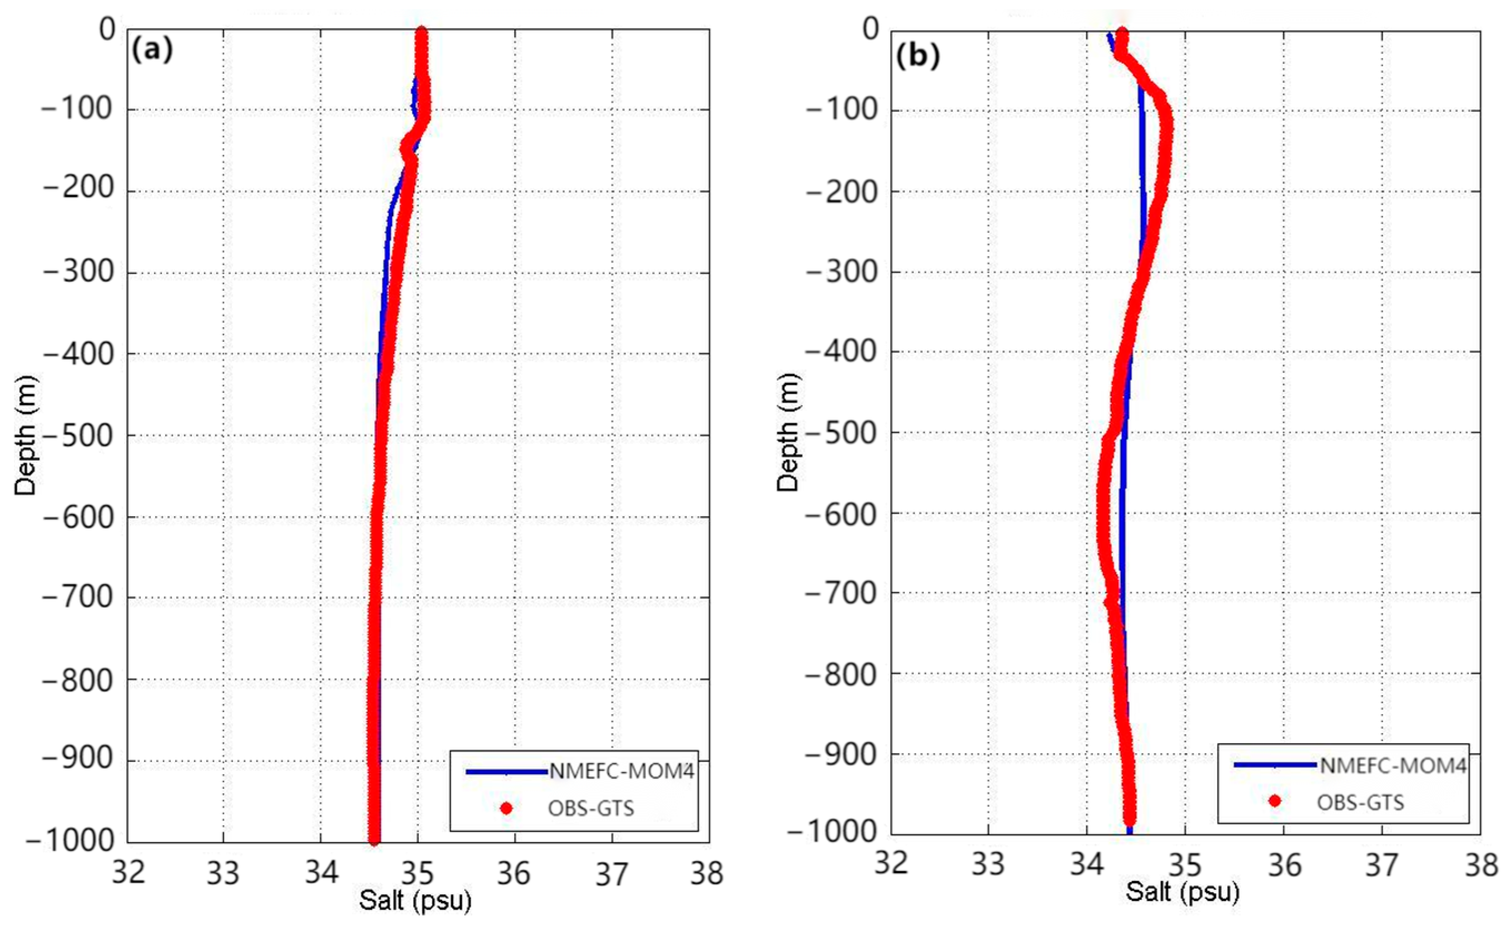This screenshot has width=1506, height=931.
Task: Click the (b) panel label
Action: click(917, 57)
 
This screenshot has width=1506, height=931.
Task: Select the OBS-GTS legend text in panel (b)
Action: click(1360, 802)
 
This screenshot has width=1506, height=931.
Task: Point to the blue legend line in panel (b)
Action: click(1276, 765)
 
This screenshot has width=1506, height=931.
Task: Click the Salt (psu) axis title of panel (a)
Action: click(416, 900)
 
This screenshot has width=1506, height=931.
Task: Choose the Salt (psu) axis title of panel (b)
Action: click(1182, 892)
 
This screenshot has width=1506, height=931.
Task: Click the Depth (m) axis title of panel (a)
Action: click(26, 435)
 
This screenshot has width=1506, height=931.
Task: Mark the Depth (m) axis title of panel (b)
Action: click(788, 432)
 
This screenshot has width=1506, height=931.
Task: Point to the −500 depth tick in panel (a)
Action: click(78, 436)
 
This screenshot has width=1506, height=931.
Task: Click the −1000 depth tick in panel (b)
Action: click(833, 832)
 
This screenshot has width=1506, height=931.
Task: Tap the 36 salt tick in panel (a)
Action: click(514, 873)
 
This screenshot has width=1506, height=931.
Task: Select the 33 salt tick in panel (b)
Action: click(988, 864)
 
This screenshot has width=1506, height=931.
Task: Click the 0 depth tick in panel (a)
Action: click(108, 29)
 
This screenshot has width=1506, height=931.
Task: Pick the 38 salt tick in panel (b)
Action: click(1482, 864)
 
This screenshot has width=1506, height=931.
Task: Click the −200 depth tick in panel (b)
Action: click(842, 192)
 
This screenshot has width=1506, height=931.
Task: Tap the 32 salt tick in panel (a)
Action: click(128, 873)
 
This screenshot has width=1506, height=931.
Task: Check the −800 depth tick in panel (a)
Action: click(78, 680)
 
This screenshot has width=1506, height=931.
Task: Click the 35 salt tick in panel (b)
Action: click(1185, 864)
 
